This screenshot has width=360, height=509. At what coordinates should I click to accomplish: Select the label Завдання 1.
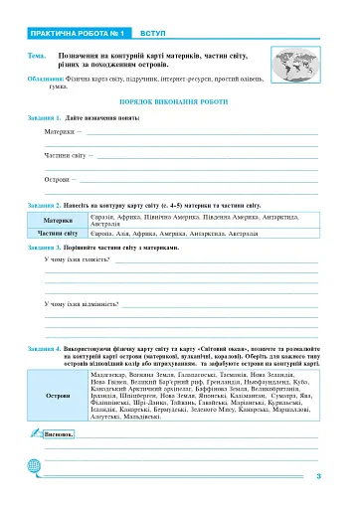tap(46, 118)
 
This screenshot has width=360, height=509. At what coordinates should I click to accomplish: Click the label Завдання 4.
tap(46, 349)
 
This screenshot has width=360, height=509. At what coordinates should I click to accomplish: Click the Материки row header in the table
tap(59, 220)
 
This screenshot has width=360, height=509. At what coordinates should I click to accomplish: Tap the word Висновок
tap(61, 434)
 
